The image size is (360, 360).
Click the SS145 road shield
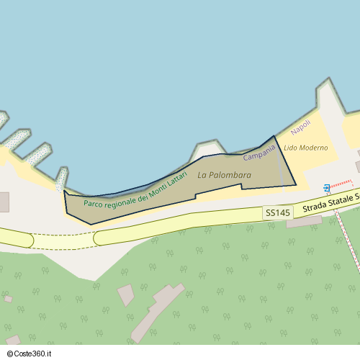coord(278,213)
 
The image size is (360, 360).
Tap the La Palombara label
coord(224,175)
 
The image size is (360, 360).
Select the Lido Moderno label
coord(305,148)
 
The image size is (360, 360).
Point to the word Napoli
coord(301,128)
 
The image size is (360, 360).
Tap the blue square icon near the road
coord(327,187)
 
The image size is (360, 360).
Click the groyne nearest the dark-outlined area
coord(62,179)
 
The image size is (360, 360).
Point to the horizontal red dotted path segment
coord(341,184)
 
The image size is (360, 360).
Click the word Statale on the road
coord(343,199)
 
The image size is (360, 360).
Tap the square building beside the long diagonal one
coord(126,294)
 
